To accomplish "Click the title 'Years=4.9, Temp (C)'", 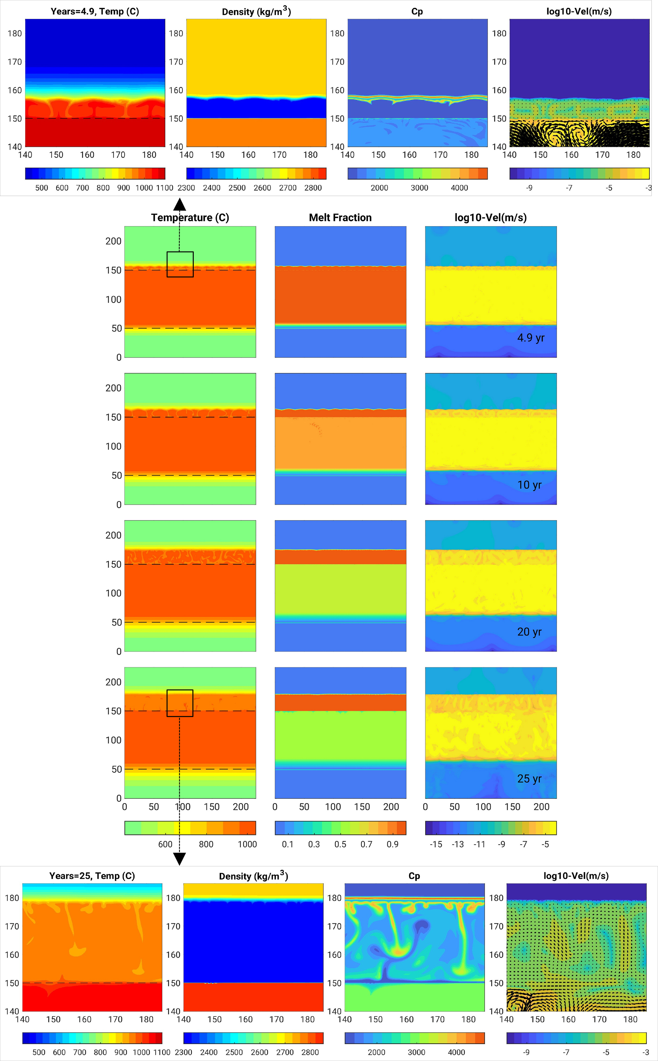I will (95, 11).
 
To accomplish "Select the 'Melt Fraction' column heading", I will (340, 217).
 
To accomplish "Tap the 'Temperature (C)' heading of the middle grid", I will (190, 217).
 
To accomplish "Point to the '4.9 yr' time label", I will (530, 338).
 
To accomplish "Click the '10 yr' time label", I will (529, 485).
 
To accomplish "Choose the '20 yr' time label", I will (529, 632).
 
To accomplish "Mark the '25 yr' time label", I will (529, 779).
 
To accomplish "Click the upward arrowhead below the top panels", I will (179, 204).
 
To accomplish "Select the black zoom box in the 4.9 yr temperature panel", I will (180, 264).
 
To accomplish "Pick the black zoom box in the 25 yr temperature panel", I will (180, 703).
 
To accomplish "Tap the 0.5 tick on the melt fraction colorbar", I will (340, 844).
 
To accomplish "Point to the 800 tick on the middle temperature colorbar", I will (206, 844).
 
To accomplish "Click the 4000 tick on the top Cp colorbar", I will (459, 188).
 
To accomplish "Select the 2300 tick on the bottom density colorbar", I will (183, 1052).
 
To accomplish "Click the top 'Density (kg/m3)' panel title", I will (256, 12).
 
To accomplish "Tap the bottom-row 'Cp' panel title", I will (414, 876).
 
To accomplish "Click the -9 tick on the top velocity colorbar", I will (529, 188).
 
